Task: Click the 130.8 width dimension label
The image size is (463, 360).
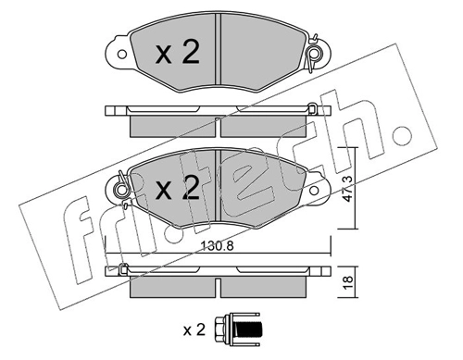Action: click(217, 246)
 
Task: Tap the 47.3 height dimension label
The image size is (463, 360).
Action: click(348, 189)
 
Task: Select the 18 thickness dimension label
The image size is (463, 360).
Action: click(348, 280)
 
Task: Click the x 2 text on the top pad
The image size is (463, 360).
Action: click(178, 53)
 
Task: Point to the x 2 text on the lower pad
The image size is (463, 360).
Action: click(178, 188)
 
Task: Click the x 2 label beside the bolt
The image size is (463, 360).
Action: click(194, 330)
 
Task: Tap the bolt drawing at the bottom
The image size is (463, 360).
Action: click(236, 329)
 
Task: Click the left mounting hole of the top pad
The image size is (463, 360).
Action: click(122, 55)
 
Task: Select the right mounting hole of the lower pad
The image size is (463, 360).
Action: click(314, 190)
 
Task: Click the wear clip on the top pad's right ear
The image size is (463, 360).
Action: click(312, 54)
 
